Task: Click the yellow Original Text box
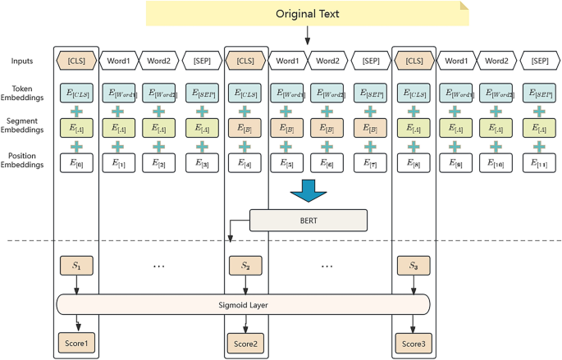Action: coord(307,14)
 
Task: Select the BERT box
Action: coord(308,220)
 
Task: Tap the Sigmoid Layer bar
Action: coord(244,304)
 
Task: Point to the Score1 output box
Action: coord(76,342)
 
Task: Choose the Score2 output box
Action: coord(244,342)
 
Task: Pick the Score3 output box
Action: coord(413,342)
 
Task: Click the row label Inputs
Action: coord(23,61)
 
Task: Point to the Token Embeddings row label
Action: coord(23,93)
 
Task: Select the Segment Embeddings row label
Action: coord(23,127)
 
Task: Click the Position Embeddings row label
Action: coord(23,161)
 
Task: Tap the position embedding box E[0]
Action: coord(76,163)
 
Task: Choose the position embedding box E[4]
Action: coord(244,163)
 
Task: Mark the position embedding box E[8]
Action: coord(413,163)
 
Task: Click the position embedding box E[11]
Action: coord(538,163)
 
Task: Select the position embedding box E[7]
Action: coord(370,163)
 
